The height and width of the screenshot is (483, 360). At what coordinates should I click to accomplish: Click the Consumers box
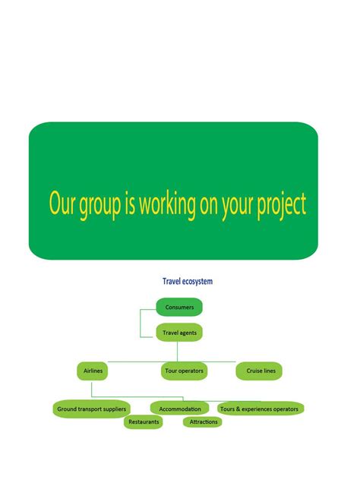[x=179, y=307]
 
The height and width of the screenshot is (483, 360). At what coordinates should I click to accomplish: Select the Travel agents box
[x=179, y=332]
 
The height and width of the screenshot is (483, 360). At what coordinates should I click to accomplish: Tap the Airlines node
[x=91, y=371]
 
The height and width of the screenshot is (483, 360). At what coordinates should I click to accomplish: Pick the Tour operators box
[x=184, y=371]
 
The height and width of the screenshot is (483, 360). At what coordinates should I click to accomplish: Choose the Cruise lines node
[x=261, y=371]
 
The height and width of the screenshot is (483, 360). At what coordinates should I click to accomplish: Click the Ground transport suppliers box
[x=92, y=409]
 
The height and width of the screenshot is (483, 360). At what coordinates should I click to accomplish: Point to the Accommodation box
[x=179, y=409]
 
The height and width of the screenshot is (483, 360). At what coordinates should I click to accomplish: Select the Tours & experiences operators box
[x=261, y=409]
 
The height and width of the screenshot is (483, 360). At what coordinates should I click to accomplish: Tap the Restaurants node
[x=144, y=421]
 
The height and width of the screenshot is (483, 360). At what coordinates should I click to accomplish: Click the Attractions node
[x=203, y=421]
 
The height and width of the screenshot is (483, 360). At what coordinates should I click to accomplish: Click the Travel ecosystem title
[x=188, y=281]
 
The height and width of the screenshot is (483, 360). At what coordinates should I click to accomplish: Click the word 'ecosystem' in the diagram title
[x=197, y=281]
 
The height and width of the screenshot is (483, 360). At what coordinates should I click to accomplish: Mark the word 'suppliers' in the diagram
[x=113, y=409]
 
